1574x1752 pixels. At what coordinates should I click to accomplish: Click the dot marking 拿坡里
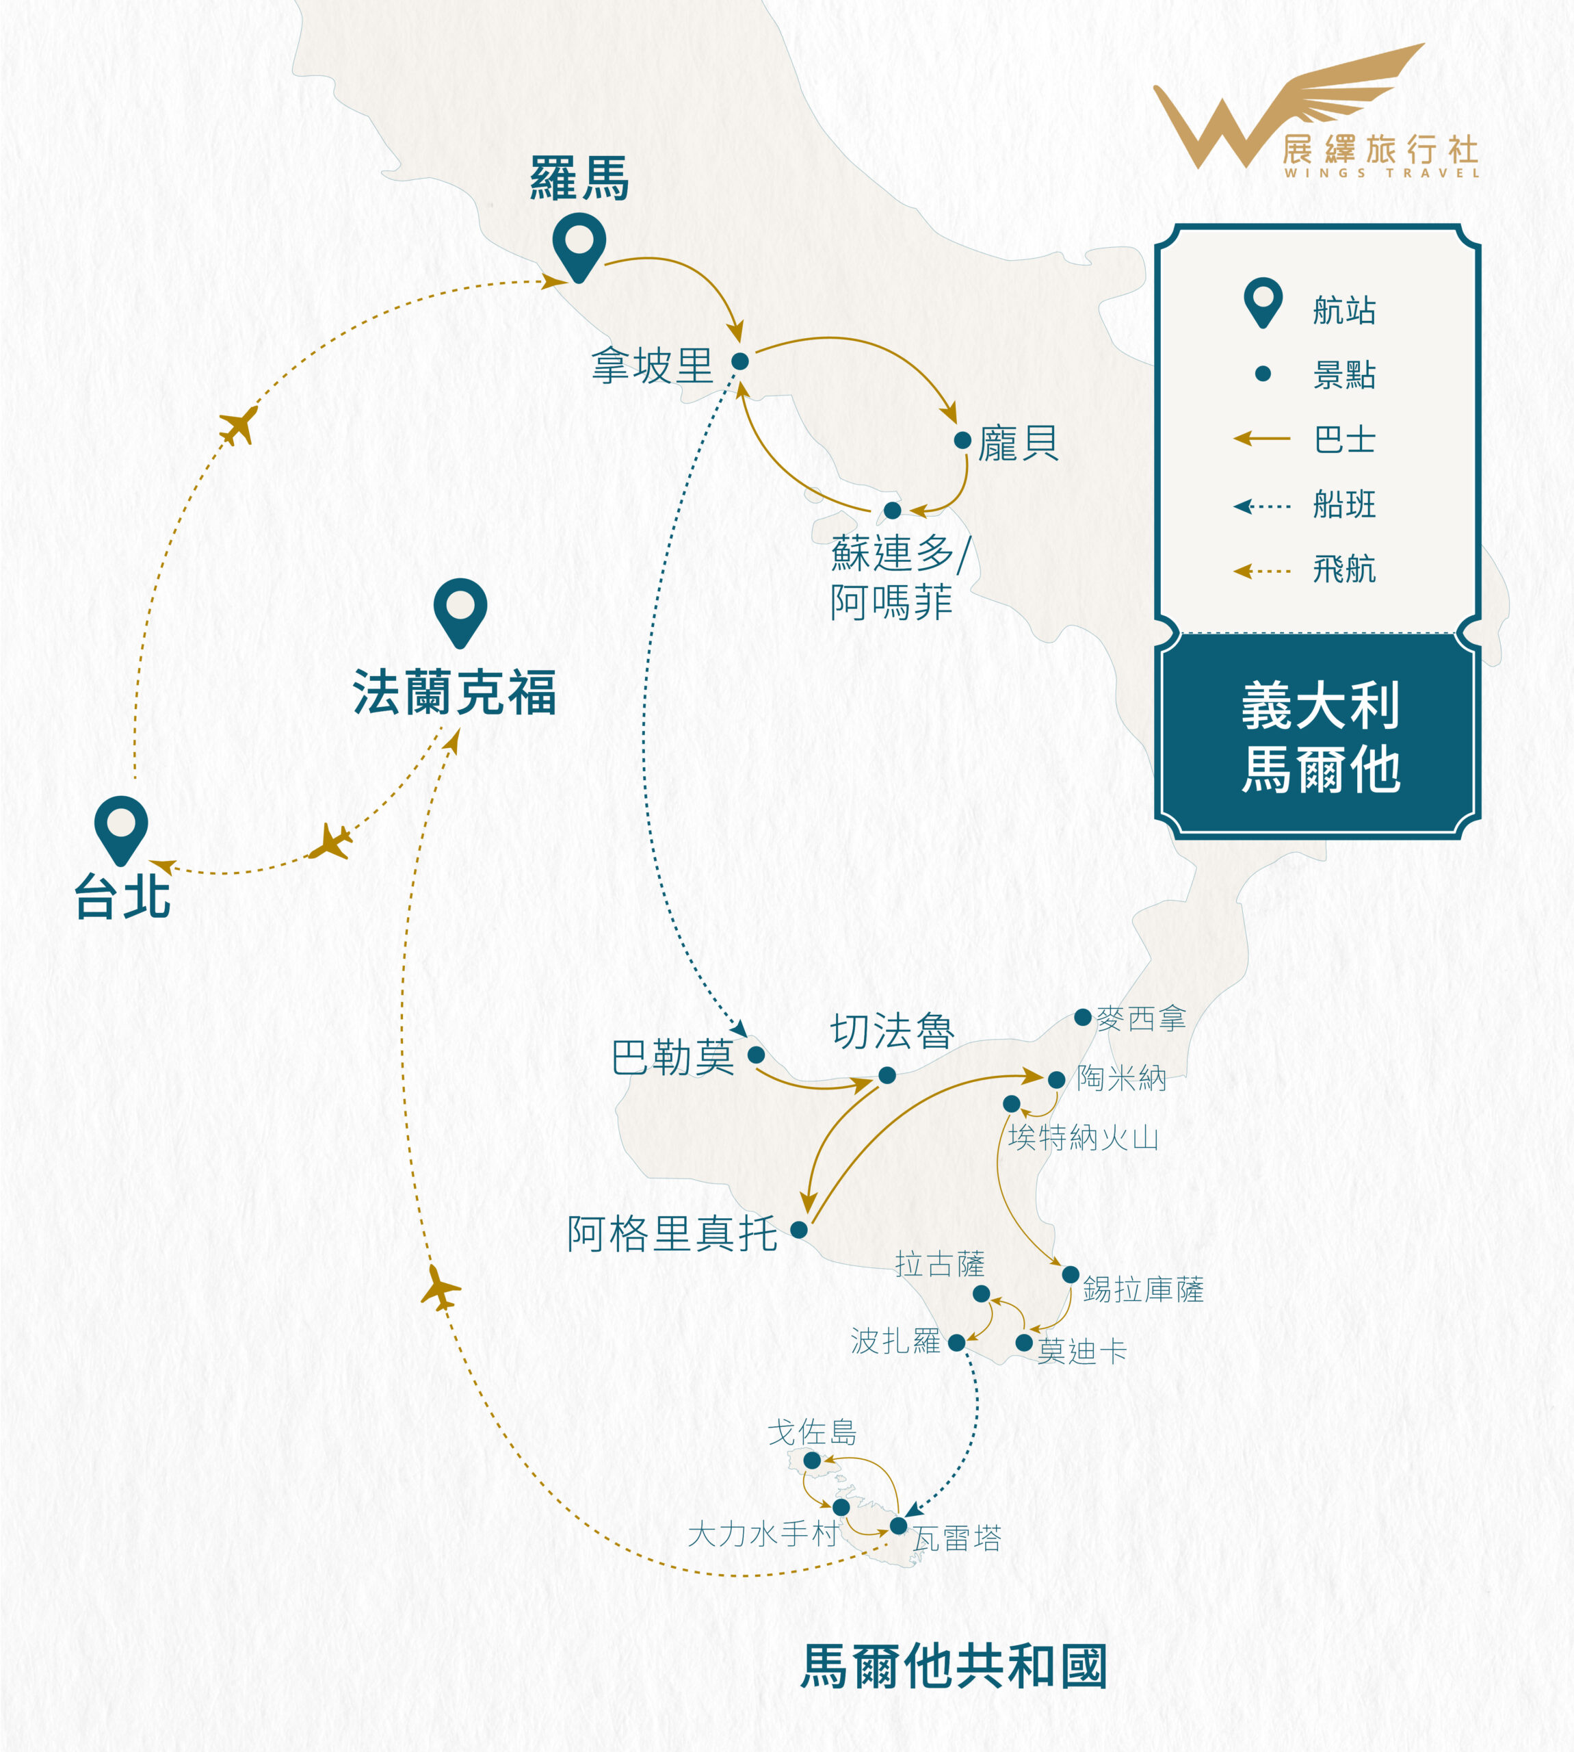[740, 361]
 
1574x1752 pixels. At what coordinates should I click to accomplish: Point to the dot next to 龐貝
[962, 440]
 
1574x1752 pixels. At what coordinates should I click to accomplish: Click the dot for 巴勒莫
[756, 1055]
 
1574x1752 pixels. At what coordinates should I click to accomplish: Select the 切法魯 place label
[893, 1031]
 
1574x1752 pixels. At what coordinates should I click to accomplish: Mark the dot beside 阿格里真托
[799, 1229]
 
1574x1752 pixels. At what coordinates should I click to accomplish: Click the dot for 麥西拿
[1083, 1018]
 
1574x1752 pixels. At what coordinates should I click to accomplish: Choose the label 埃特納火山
[1084, 1137]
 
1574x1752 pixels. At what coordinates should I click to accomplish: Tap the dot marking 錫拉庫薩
[1071, 1274]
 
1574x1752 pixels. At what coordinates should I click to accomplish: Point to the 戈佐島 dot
[812, 1460]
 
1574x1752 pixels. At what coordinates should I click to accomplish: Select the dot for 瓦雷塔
[899, 1525]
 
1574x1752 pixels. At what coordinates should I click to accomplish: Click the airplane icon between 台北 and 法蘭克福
[331, 842]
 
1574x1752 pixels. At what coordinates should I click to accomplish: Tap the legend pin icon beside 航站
[1263, 302]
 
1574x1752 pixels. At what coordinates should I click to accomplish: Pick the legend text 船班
[1344, 504]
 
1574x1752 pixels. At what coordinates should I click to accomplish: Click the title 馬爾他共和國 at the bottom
[954, 1666]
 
